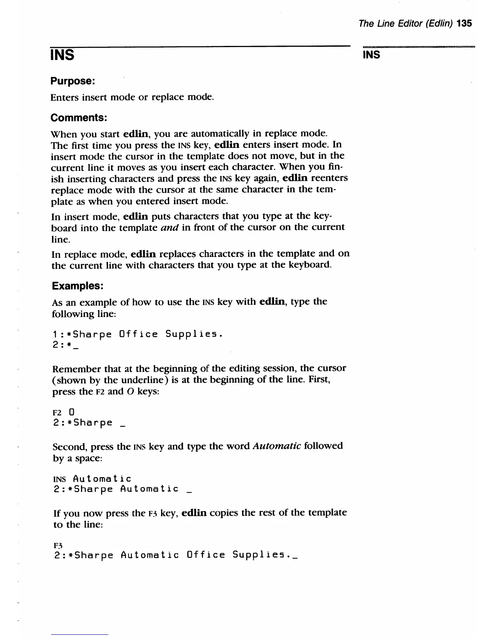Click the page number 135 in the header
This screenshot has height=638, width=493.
point(464,23)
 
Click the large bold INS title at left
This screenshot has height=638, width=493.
point(62,54)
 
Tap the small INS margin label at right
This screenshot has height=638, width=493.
point(371,55)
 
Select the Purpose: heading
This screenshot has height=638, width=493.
point(72,81)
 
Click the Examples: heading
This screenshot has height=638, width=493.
point(78,286)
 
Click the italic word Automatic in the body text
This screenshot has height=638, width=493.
point(276,446)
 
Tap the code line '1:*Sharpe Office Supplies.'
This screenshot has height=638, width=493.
point(137,334)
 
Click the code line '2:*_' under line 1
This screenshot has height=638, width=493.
point(65,346)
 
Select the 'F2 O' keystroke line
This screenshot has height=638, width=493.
point(64,412)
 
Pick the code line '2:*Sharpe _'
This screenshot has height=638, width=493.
point(89,423)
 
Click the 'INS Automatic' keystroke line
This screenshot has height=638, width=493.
point(92,478)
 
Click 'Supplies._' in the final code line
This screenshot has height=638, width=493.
point(265,555)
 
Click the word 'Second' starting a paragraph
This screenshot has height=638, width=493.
point(69,447)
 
